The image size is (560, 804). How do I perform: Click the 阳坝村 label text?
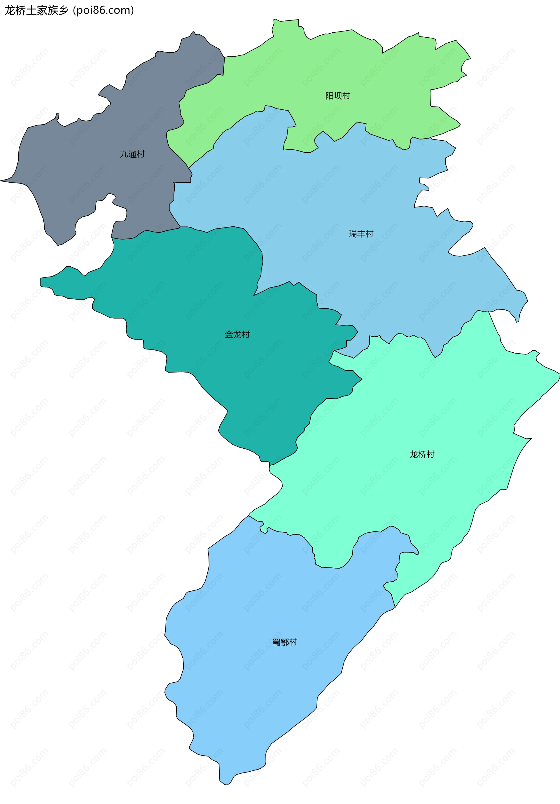coord(338,96)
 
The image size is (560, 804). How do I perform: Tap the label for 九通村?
coord(132,154)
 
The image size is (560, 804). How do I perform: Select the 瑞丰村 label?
coord(361,234)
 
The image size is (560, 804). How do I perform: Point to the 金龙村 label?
coord(237,334)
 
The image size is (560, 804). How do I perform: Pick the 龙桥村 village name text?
coord(422,454)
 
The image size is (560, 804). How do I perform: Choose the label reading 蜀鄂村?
coord(285,642)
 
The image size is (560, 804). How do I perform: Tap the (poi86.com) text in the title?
coord(103,11)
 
